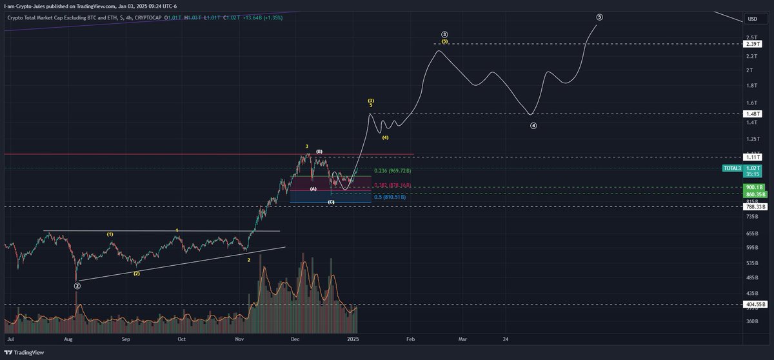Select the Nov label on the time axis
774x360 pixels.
pyautogui.click(x=239, y=338)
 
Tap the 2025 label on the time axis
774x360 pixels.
pyautogui.click(x=352, y=338)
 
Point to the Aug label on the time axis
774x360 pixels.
pyautogui.click(x=68, y=338)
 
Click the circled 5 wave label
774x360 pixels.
pyautogui.click(x=600, y=17)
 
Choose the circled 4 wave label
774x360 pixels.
pyautogui.click(x=533, y=126)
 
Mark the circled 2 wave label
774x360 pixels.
pyautogui.click(x=77, y=285)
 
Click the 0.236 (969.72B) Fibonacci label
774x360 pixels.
pyautogui.click(x=392, y=171)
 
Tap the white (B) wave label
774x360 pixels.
pyautogui.click(x=319, y=152)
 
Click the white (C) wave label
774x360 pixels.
pyautogui.click(x=331, y=203)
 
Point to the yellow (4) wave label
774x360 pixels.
pyautogui.click(x=385, y=137)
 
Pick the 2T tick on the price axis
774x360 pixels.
pyautogui.click(x=749, y=70)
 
